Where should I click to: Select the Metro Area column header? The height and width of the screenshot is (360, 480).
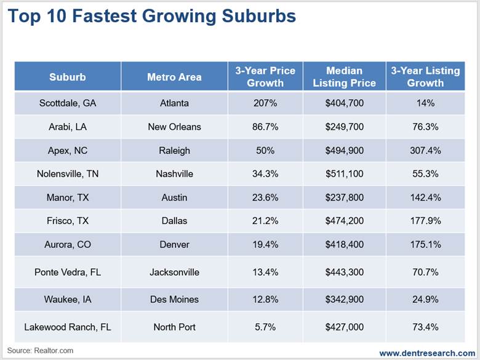[x=174, y=77]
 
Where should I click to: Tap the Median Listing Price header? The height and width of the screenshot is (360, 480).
[x=344, y=77]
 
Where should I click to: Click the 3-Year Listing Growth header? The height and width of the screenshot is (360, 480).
[x=425, y=77]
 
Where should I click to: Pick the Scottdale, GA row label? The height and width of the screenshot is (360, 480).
[x=68, y=103]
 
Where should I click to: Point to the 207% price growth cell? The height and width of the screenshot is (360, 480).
[x=265, y=103]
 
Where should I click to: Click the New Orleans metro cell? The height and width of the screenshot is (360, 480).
[x=174, y=127]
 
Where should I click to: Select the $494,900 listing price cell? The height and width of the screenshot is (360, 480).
[x=344, y=150]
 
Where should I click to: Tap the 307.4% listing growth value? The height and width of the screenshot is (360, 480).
[x=425, y=150]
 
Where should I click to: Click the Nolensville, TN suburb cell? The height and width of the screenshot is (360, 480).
[x=68, y=174]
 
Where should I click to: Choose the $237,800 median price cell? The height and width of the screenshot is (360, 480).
[x=344, y=198]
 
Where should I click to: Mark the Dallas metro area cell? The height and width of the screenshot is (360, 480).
[x=174, y=221]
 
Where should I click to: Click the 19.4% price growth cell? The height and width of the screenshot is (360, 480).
[x=265, y=244]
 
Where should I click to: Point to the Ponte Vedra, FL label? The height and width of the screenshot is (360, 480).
[x=68, y=272]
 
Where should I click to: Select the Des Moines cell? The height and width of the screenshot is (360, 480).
[x=174, y=299]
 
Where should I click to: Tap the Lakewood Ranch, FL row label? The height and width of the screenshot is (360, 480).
[x=68, y=327]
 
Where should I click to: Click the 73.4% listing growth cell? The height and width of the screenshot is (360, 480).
[x=425, y=327]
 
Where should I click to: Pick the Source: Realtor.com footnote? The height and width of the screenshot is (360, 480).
[x=41, y=351]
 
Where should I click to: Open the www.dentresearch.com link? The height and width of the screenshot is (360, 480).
[x=426, y=353]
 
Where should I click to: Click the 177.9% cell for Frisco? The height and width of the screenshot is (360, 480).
[x=425, y=221]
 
